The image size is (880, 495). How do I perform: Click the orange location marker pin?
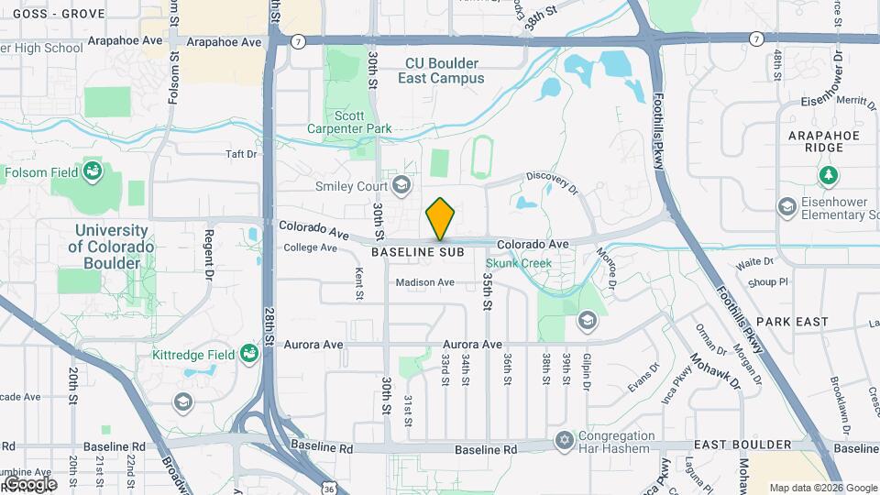click(440, 219)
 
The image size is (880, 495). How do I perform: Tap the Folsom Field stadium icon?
click(92, 170)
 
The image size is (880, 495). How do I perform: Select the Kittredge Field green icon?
click(248, 353)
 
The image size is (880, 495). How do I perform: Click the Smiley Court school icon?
click(400, 186)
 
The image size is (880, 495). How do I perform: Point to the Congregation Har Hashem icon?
click(563, 442)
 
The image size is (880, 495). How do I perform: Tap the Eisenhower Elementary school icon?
click(786, 207)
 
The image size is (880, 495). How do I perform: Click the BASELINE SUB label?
click(417, 251)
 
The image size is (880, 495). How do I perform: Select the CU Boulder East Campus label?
click(441, 71)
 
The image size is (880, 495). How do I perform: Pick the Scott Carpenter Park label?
click(349, 122)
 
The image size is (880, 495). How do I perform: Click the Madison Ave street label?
click(424, 282)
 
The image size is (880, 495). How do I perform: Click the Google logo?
click(30, 483)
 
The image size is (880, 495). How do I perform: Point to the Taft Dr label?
click(240, 155)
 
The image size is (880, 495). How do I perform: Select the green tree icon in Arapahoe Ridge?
click(829, 174)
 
